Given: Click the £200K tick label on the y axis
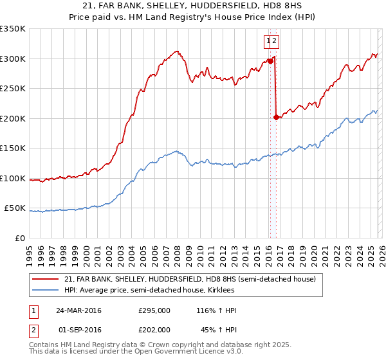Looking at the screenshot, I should click(x=12, y=118).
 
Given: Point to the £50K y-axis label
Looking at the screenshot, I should click(x=14, y=208).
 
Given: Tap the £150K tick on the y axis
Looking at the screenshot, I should click(x=12, y=148).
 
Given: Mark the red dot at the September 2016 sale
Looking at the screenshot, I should click(x=276, y=117).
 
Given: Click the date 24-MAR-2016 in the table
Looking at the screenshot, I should click(x=78, y=310).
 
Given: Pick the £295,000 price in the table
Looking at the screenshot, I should click(x=154, y=310).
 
